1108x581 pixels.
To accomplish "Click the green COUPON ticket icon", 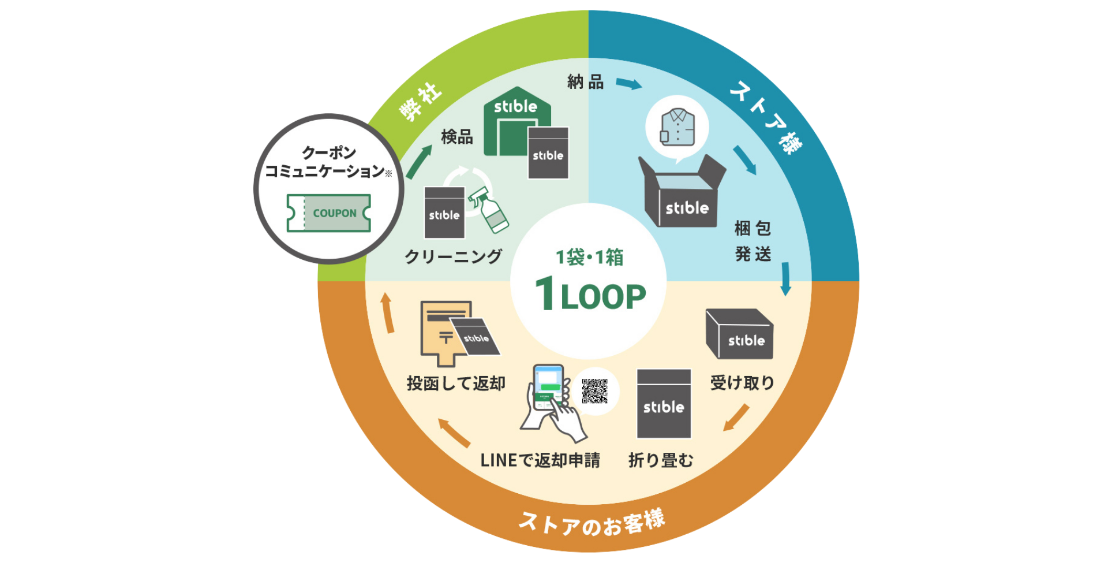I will point(328,213).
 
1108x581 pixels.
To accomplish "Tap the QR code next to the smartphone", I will point(594,391).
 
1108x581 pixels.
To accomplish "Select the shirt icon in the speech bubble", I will point(677,128).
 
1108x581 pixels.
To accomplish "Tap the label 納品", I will point(585,82).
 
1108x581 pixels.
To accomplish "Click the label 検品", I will point(456,137).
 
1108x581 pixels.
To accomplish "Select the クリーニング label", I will point(453,256).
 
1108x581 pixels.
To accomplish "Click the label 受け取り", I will point(742,382).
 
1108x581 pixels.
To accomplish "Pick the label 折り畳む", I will point(661,460).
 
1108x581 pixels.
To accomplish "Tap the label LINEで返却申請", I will point(540,460).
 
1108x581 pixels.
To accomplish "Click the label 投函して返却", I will point(456,383).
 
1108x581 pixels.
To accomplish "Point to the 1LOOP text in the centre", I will point(590,295).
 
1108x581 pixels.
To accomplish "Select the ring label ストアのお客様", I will point(592,523).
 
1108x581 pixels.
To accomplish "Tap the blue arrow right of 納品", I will point(629,84).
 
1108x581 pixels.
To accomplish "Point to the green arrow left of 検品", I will point(420,162).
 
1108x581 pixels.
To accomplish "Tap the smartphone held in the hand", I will point(548,386).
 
